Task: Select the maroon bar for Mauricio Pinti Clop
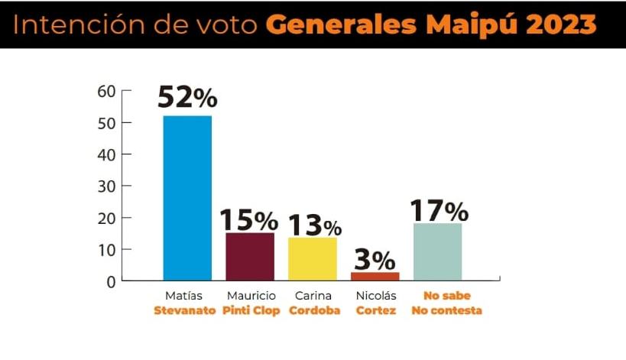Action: tap(250, 256)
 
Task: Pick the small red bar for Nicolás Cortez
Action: tap(375, 276)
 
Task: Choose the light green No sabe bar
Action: tap(437, 251)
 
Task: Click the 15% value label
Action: tap(249, 220)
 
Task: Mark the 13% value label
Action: tap(314, 225)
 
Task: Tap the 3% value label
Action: tap(374, 259)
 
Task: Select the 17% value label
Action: tap(439, 210)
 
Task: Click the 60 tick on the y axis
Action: tap(106, 91)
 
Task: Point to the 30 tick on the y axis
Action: tap(106, 186)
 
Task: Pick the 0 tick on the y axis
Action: tap(111, 281)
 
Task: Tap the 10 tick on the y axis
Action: tap(106, 249)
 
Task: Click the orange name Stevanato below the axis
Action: tap(184, 311)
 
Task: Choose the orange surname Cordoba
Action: tap(314, 311)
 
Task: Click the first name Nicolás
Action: tap(375, 296)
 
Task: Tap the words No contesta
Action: tap(446, 311)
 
